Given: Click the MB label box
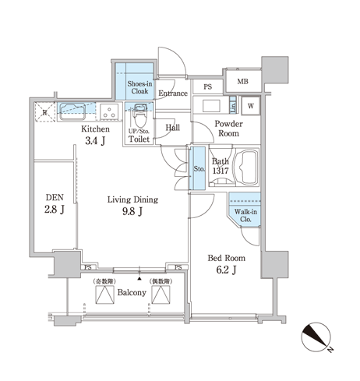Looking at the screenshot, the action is [x=243, y=81].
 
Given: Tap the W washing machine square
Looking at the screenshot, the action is [x=251, y=106].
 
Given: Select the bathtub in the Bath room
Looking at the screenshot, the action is [x=246, y=168].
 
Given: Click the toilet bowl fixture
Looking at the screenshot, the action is [x=139, y=116].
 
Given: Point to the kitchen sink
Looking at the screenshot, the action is [x=72, y=111].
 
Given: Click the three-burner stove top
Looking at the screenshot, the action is [x=109, y=111].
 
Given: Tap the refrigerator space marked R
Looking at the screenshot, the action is [x=44, y=112].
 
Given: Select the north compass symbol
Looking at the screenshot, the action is [x=316, y=337].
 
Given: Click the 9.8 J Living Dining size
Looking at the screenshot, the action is [x=132, y=211].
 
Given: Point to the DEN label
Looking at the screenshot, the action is [x=55, y=197].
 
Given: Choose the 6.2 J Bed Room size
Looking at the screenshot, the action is [x=226, y=270].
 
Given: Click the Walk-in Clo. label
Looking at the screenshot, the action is [x=245, y=216].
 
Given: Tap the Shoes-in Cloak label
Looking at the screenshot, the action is [x=139, y=87].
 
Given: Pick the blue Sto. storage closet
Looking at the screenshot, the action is [x=198, y=168].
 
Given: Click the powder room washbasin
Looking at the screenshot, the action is [x=211, y=106].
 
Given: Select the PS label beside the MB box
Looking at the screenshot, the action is [x=208, y=86].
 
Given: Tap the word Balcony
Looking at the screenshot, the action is [x=132, y=293].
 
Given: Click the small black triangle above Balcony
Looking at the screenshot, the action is [x=139, y=279].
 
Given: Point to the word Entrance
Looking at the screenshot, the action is [x=173, y=93].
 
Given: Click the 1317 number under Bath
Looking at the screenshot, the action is [x=221, y=171].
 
